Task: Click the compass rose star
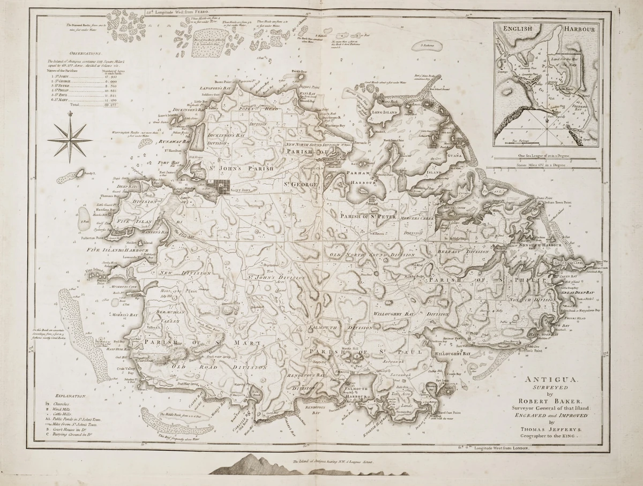click(x=70, y=139)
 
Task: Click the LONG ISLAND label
click(x=384, y=112)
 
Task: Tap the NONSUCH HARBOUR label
click(x=540, y=245)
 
